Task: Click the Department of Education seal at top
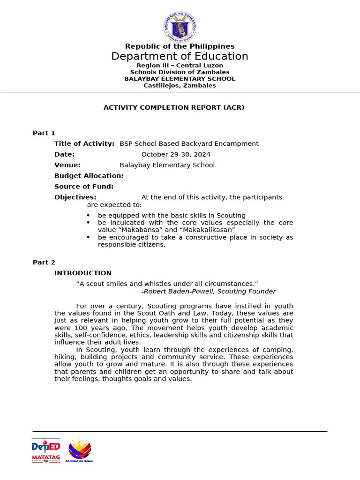point(180,27)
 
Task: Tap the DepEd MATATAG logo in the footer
point(45,451)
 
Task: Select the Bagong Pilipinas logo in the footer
point(80,451)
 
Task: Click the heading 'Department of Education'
point(180,57)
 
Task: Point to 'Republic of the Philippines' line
point(180,46)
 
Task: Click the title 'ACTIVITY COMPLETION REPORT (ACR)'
point(174,108)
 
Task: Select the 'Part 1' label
point(44,133)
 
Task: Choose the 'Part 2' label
point(44,262)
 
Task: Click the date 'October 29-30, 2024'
point(176,155)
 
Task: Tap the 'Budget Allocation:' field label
point(89,176)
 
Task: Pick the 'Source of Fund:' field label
point(84,187)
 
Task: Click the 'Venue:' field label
point(67,165)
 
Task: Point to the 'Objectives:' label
point(75,197)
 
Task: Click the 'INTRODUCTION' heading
point(83,273)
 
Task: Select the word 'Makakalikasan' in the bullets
point(207,230)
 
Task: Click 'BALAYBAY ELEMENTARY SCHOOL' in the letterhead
point(180,79)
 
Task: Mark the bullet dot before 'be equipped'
point(89,216)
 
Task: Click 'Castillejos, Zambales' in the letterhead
point(180,86)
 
